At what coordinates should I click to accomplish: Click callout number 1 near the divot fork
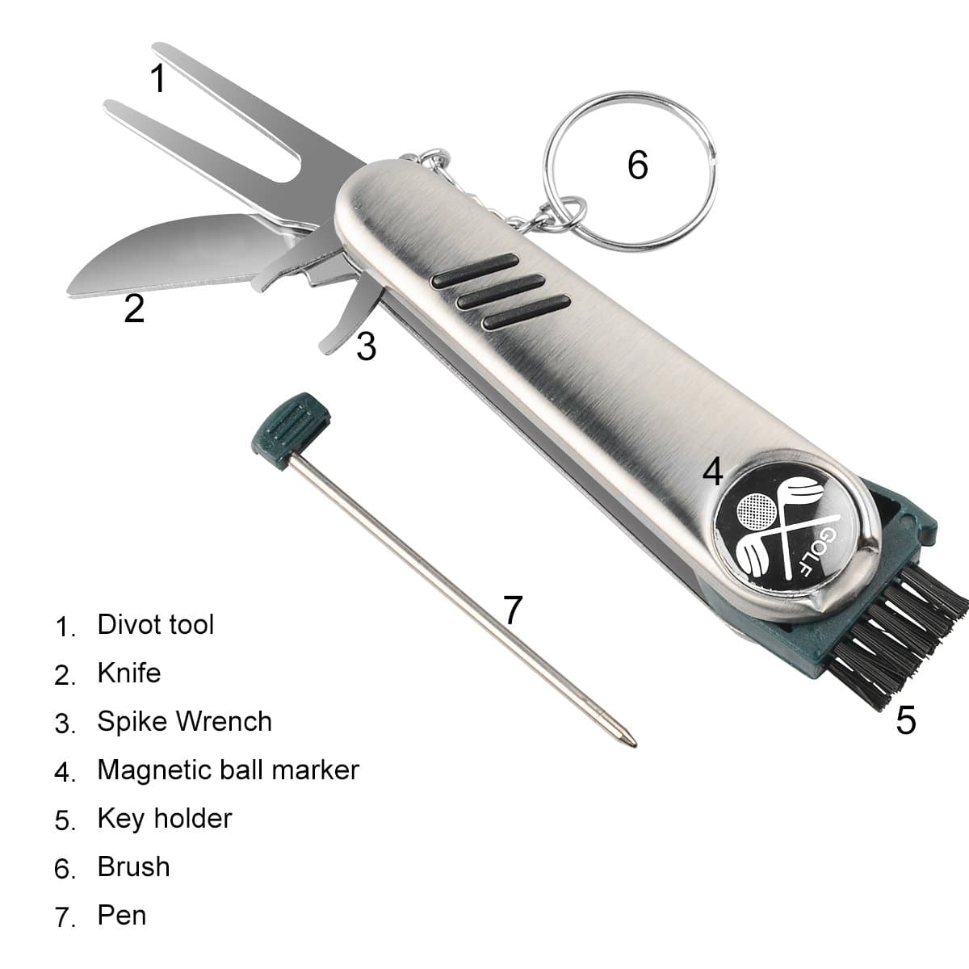pyautogui.click(x=158, y=79)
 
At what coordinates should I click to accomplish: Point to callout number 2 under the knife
pyautogui.click(x=134, y=308)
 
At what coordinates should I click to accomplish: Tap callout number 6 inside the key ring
pyautogui.click(x=637, y=165)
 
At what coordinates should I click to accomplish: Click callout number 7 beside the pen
pyautogui.click(x=513, y=610)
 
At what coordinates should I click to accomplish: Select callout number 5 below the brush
pyautogui.click(x=905, y=719)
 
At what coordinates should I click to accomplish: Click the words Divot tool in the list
pyautogui.click(x=155, y=624)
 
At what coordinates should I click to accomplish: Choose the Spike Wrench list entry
pyautogui.click(x=184, y=721)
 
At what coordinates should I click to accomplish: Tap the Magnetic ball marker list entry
pyautogui.click(x=228, y=770)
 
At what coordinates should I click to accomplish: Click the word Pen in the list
pyautogui.click(x=122, y=915)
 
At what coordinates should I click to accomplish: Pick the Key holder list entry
pyautogui.click(x=164, y=818)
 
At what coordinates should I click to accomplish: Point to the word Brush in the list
pyautogui.click(x=133, y=866)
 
